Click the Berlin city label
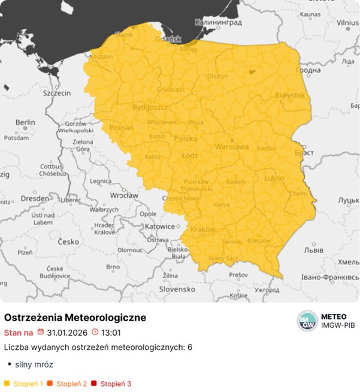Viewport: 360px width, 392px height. pyautogui.click(x=26, y=122)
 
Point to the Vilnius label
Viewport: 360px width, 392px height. pyautogui.click(x=347, y=23)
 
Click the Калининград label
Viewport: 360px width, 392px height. pyautogui.click(x=218, y=23)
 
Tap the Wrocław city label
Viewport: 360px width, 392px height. pyautogui.click(x=125, y=195)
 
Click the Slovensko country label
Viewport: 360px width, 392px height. pyautogui.click(x=177, y=288)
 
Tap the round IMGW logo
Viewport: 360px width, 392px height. pyautogui.click(x=307, y=321)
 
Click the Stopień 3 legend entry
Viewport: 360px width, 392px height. pyautogui.click(x=112, y=383)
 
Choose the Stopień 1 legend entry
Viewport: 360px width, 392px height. pyautogui.click(x=25, y=383)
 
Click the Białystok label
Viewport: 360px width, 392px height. pyautogui.click(x=290, y=95)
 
